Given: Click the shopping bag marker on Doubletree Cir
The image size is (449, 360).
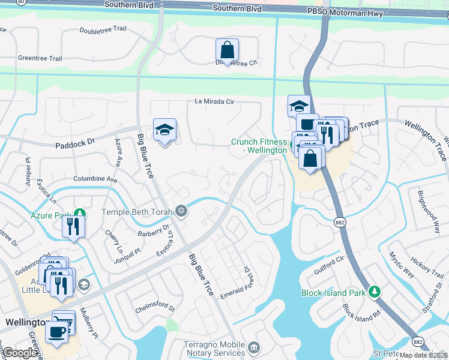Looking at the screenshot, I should pos(228,50).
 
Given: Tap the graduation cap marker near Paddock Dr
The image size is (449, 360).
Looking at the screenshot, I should pos(164,130).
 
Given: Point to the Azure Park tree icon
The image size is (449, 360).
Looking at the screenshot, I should pos(79,214).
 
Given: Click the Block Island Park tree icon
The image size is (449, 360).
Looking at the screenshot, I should pos(375,292).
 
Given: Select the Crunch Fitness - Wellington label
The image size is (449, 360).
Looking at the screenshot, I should pos(259,146).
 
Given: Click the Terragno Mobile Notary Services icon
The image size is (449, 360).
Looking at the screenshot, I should pos(254,348).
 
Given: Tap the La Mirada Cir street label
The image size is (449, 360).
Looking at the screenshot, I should pos(214,101).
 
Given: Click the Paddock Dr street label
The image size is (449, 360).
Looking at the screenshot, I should pos(75,143).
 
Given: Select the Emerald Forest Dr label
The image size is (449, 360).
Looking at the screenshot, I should pos(240,283).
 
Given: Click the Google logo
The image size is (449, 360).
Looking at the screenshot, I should pos(20,353).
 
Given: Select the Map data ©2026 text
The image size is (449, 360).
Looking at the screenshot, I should pos(424,355).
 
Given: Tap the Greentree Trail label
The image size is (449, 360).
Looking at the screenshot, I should pos(40,58).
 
